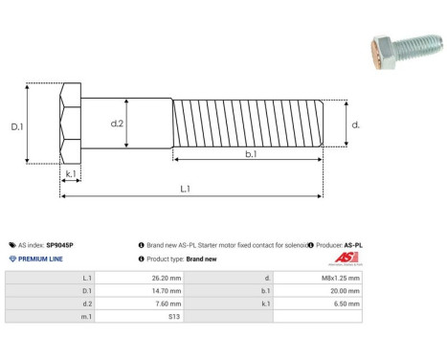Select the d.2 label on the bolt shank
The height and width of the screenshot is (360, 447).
coord(117,123)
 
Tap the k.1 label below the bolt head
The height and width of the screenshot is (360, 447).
coord(72,174)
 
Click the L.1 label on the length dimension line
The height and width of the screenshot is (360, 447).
coord(184,189)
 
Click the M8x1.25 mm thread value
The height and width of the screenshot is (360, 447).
coord(340,280)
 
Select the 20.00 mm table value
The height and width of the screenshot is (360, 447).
coord(346,291)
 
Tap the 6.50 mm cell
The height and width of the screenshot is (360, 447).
coord(345,303)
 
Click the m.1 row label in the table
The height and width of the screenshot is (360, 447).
coord(86,315)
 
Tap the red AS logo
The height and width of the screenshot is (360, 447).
coord(343,259)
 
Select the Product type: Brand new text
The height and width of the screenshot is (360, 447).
coord(187,259)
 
